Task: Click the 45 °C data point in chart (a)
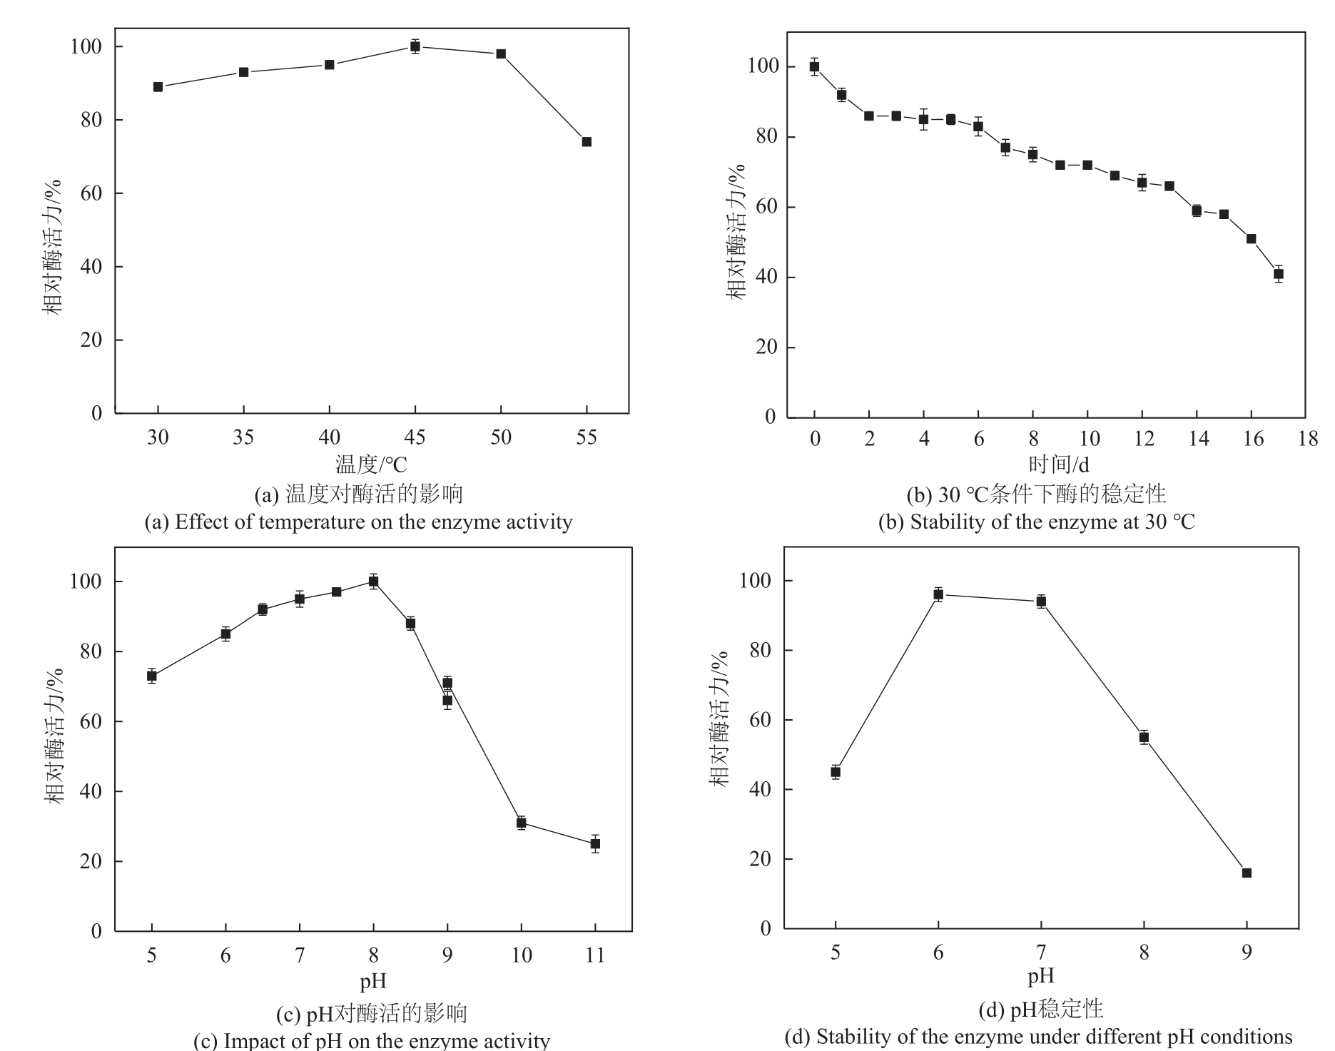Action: (415, 47)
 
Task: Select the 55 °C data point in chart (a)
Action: (587, 141)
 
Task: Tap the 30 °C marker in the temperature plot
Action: (158, 87)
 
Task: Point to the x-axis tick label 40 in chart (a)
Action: (329, 437)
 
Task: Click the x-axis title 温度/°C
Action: (371, 464)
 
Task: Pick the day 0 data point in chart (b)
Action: (814, 67)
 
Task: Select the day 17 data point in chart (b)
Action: (1278, 274)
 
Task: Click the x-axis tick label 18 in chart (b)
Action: (1307, 439)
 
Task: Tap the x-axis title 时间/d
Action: (1058, 464)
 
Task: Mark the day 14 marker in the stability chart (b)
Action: (1197, 210)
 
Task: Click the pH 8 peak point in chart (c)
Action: (373, 582)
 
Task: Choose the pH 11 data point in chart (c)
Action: (595, 843)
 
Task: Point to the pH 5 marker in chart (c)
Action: (152, 676)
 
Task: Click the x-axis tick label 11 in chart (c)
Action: (595, 955)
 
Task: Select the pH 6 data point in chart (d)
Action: (938, 594)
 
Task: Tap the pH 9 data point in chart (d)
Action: (1247, 873)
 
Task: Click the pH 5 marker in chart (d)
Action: (836, 771)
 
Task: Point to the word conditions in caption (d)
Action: (1251, 1036)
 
